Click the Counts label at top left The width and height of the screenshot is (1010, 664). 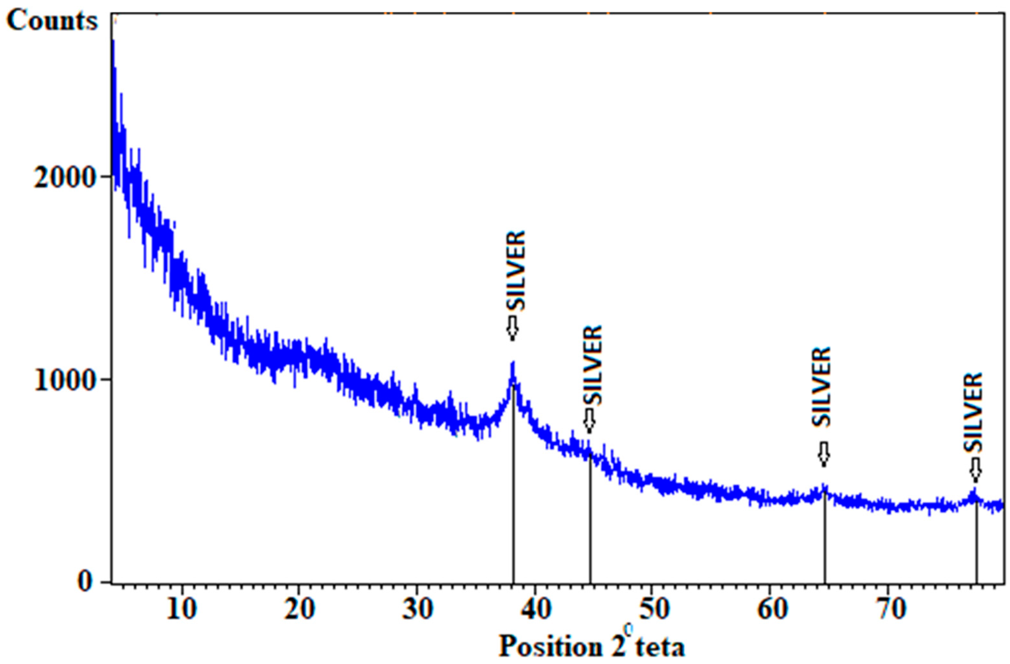(x=52, y=20)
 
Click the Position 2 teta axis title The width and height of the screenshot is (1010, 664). (x=592, y=647)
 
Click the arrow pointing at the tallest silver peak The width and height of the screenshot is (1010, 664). (x=513, y=327)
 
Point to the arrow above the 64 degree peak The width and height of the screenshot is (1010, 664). (x=824, y=454)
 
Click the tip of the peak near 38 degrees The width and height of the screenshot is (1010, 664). (x=513, y=363)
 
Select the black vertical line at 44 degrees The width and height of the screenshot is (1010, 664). (x=590, y=518)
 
